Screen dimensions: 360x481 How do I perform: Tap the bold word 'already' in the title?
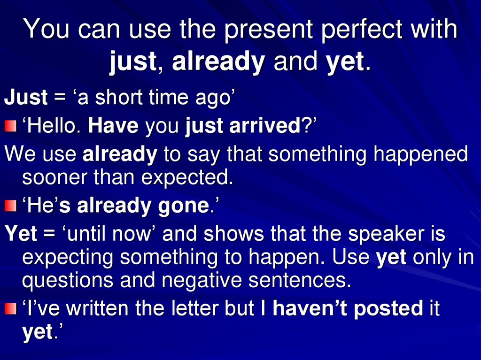click(218, 62)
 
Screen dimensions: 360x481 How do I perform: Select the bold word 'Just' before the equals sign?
click(26, 98)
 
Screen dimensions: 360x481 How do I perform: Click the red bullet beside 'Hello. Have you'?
click(10, 126)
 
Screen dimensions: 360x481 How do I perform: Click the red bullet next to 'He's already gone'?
click(10, 206)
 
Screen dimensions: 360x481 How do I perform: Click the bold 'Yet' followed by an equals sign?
click(20, 234)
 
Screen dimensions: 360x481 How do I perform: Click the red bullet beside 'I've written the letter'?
click(10, 308)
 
